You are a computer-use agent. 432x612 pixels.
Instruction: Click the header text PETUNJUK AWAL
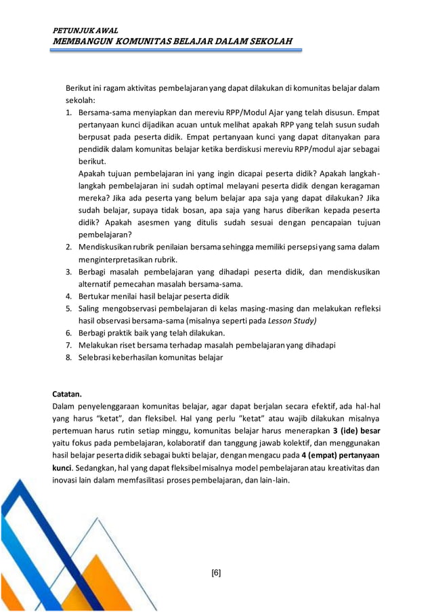(85, 31)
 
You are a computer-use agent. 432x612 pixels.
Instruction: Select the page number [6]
(216, 573)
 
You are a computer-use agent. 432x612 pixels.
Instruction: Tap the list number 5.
(69, 308)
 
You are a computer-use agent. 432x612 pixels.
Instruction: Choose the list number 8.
(69, 357)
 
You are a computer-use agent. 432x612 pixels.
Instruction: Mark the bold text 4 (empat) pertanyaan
(341, 455)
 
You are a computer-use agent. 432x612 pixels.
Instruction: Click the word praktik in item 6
(125, 333)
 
